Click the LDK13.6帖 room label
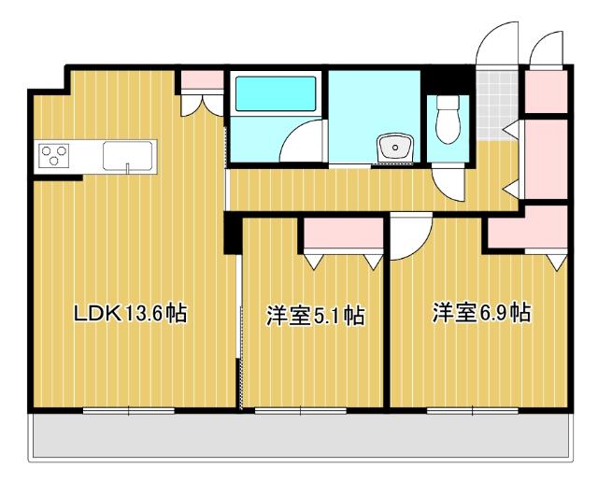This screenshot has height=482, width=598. [131, 314]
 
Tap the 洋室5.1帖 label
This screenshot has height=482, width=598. [315, 316]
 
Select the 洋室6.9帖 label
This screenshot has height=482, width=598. [481, 313]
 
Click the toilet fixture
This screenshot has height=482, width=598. [448, 120]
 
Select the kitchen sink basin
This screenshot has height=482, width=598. [129, 154]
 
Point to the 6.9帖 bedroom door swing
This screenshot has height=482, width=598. [409, 238]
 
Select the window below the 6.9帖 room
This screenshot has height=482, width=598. [473, 409]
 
